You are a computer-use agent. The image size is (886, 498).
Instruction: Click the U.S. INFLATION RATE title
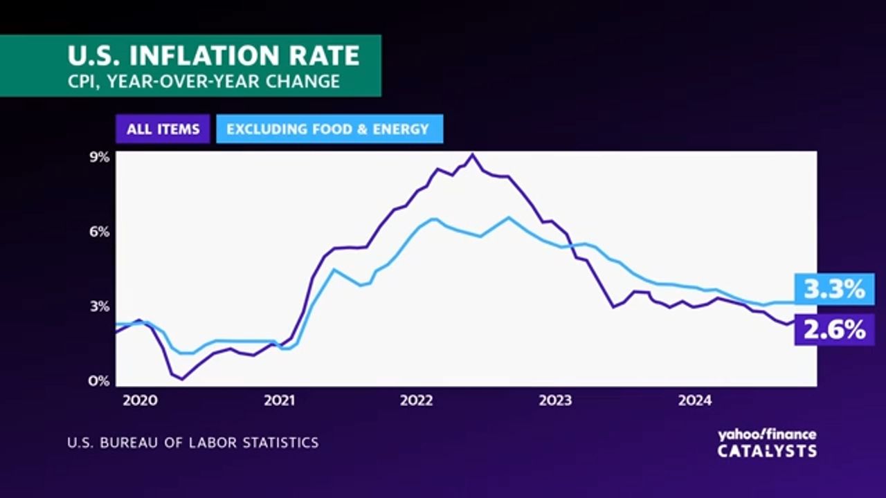click(213, 55)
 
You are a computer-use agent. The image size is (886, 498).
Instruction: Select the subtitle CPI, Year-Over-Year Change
click(204, 81)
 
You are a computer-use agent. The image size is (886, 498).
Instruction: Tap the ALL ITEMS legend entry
click(163, 129)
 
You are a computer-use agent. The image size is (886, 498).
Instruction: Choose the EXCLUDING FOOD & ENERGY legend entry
click(328, 129)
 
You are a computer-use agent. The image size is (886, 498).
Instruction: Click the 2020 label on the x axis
click(141, 400)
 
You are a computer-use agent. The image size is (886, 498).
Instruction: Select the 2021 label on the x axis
click(280, 400)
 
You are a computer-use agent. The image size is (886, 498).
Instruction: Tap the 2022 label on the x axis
click(417, 400)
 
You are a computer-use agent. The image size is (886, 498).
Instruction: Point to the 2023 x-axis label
click(555, 400)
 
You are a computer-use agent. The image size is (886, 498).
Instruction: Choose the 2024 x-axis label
click(695, 400)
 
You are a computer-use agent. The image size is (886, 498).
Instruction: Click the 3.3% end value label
click(835, 289)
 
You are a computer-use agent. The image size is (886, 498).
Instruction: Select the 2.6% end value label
click(835, 329)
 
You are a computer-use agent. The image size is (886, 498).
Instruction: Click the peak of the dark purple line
click(472, 155)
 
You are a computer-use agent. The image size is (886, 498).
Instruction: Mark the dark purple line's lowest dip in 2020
click(182, 379)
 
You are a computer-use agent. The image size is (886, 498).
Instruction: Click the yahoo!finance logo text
click(766, 434)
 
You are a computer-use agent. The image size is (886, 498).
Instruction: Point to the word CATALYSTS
click(766, 451)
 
